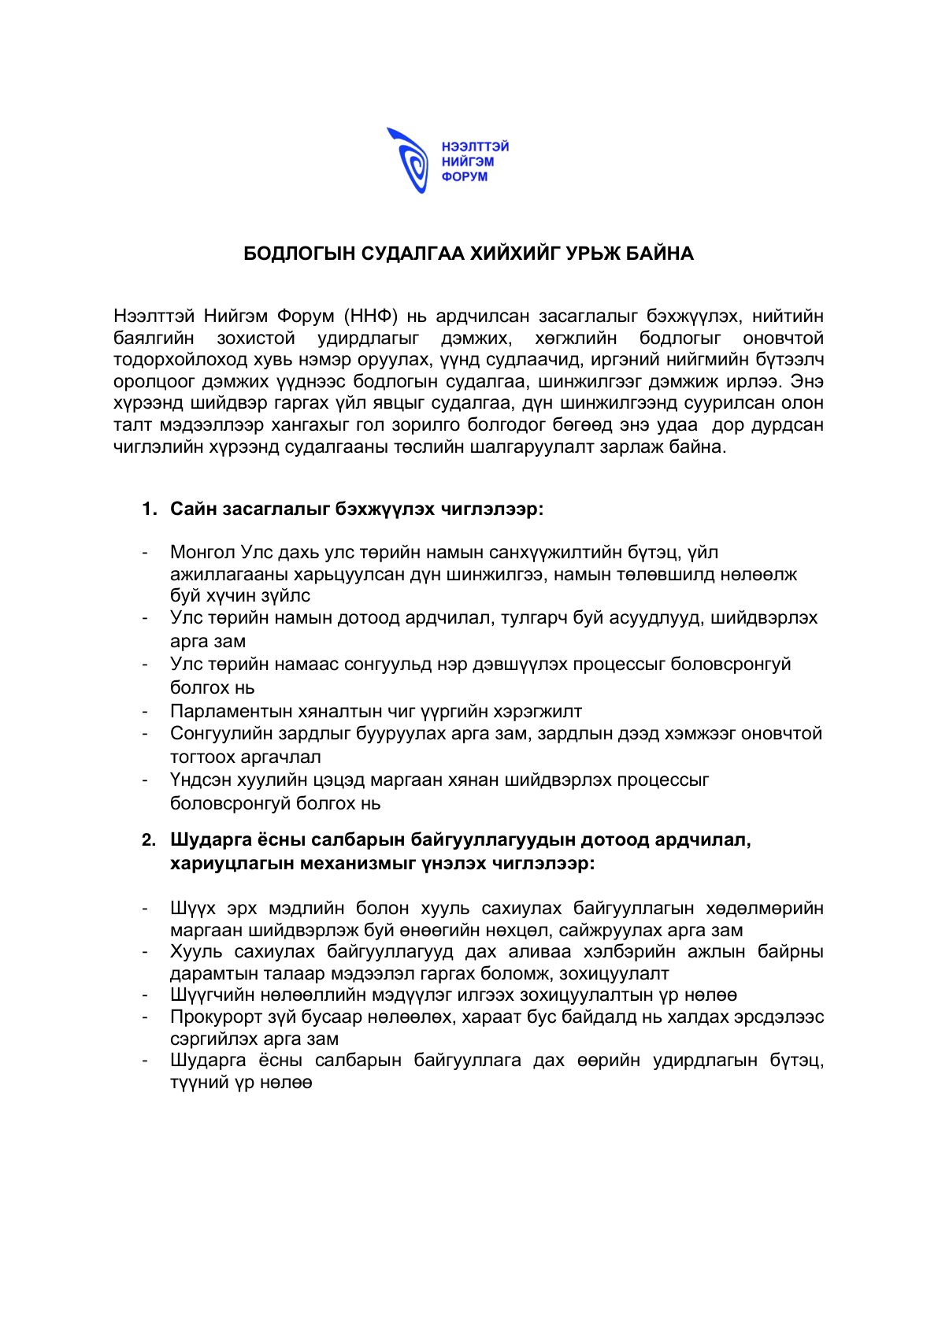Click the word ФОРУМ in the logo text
click(x=464, y=177)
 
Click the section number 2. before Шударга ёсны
click(x=150, y=840)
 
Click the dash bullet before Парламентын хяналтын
click(x=145, y=712)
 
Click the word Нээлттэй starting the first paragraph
click(x=154, y=317)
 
